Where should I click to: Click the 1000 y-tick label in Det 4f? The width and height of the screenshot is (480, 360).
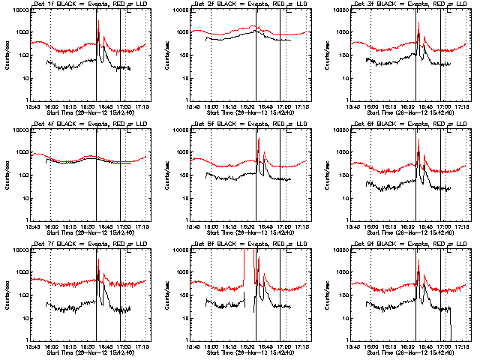[19, 153]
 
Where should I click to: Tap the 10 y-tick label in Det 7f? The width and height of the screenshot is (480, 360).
[22, 318]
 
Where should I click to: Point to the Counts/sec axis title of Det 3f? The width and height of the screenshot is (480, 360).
[326, 55]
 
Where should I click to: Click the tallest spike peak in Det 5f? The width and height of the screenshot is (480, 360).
[259, 139]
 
